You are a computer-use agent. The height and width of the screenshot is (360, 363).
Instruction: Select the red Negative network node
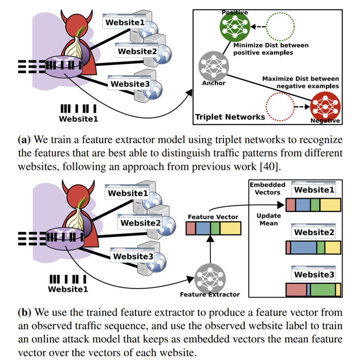(323, 107)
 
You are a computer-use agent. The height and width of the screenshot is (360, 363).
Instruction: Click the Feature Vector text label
(213, 217)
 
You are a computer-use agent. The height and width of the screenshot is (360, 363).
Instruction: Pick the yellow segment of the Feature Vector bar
(230, 228)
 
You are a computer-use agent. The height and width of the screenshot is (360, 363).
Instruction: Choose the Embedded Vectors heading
(267, 188)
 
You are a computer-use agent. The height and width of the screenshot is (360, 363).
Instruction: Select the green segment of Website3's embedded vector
(323, 289)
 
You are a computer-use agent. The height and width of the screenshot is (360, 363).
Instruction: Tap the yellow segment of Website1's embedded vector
(330, 205)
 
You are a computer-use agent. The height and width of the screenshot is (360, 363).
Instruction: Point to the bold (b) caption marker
(24, 313)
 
